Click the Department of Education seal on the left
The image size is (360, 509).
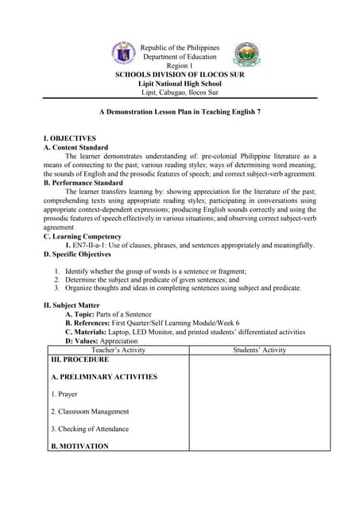[125, 54]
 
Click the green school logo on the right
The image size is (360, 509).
[246, 55]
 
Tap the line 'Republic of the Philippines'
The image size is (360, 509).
[180, 48]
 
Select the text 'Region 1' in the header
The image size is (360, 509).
[180, 66]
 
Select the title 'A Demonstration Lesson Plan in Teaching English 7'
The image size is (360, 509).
[180, 113]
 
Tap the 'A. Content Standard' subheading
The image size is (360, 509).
[76, 147]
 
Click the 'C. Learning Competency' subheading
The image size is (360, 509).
[83, 236]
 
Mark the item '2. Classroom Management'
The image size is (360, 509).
[89, 411]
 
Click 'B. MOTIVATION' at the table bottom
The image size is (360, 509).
[79, 446]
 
